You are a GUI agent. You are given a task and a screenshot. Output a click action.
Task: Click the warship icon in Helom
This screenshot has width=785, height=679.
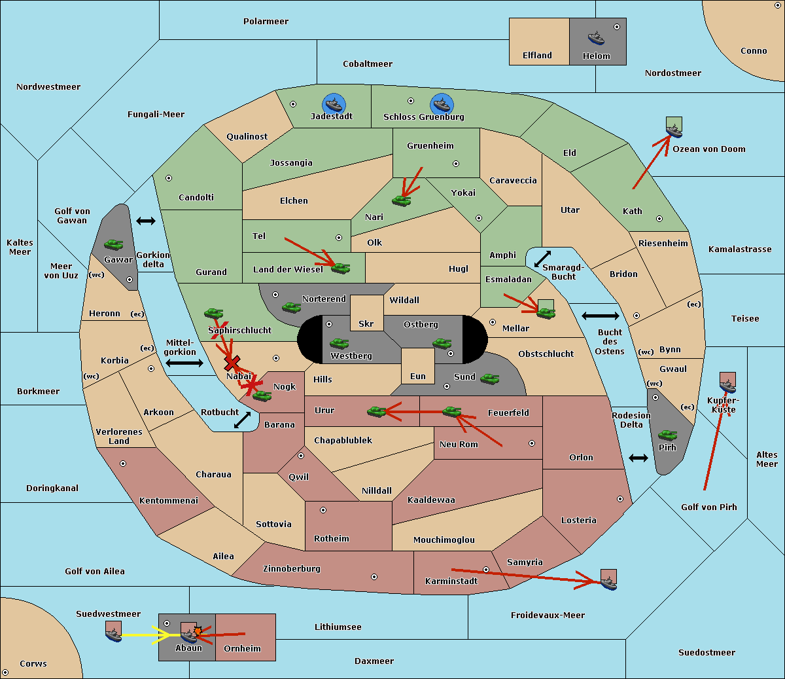pyautogui.click(x=596, y=38)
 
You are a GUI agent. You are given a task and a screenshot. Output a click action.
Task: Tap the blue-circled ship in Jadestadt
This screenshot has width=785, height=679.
pyautogui.click(x=334, y=104)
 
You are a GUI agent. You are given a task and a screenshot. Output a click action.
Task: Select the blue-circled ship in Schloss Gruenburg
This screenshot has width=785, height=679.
pyautogui.click(x=442, y=104)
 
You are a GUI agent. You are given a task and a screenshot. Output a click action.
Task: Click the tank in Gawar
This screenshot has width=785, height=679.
pyautogui.click(x=114, y=244)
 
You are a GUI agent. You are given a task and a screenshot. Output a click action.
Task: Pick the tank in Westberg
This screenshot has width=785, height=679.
pyautogui.click(x=339, y=343)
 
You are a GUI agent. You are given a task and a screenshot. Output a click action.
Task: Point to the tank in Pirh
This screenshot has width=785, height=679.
pyautogui.click(x=667, y=435)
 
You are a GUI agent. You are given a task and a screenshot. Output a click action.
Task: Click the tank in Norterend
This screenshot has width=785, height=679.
pyautogui.click(x=291, y=307)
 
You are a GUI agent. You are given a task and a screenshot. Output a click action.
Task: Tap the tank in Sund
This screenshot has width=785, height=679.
pyautogui.click(x=489, y=378)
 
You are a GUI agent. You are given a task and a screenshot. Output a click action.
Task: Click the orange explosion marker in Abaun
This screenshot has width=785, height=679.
pyautogui.click(x=198, y=631)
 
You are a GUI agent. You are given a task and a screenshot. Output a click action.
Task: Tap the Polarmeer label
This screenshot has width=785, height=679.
pyautogui.click(x=266, y=22)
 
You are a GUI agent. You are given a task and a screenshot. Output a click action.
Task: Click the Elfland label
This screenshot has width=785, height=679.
pyautogui.click(x=537, y=56)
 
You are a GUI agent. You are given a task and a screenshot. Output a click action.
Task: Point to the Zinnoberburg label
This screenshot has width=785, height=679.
pyautogui.click(x=292, y=569)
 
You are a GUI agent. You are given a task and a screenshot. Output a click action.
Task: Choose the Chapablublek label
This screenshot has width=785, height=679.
pyautogui.click(x=343, y=440)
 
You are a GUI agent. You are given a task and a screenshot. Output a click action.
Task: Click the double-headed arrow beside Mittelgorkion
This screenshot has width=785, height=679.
pyautogui.click(x=184, y=363)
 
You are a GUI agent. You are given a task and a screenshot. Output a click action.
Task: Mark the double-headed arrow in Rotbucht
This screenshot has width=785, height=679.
pyautogui.click(x=242, y=420)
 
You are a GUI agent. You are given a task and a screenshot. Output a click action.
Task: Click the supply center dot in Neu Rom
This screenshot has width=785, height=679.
pyautogui.click(x=532, y=443)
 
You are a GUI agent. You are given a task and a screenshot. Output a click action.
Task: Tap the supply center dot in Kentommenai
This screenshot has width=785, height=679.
pyautogui.click(x=123, y=464)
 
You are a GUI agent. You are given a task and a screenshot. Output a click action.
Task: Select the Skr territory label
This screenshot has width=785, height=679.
pyautogui.click(x=366, y=323)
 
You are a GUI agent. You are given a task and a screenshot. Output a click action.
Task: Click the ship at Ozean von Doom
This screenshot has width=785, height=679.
pyautogui.click(x=674, y=127)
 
